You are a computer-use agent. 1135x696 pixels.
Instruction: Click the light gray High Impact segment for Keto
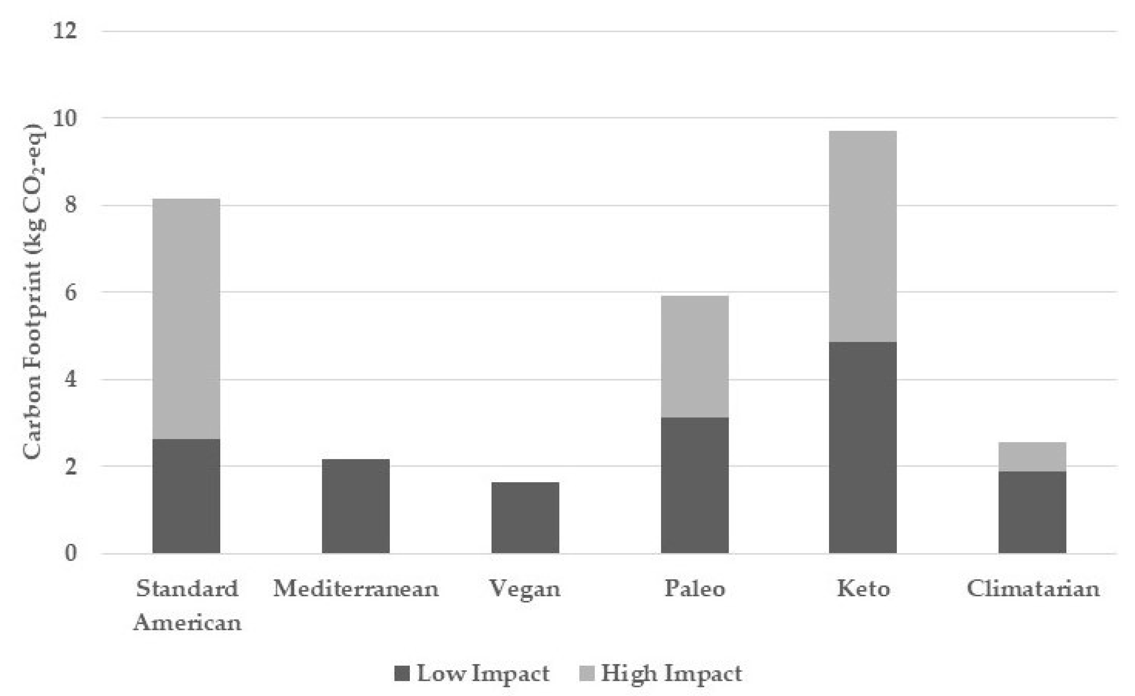(x=863, y=236)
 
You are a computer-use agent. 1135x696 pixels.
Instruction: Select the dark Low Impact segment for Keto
(x=863, y=447)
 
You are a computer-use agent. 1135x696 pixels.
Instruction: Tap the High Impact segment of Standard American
(x=186, y=319)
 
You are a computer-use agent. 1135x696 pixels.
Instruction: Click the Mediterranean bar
(x=356, y=506)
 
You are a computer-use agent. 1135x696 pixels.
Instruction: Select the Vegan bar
(x=525, y=518)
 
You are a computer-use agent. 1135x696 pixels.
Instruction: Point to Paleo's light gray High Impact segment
(x=694, y=356)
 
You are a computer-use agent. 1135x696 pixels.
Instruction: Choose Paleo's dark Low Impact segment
(x=694, y=485)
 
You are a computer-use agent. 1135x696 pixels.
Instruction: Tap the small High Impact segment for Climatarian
(x=1032, y=456)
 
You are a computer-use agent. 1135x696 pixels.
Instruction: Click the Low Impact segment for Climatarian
(x=1032, y=512)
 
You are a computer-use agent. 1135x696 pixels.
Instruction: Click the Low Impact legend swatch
(x=402, y=673)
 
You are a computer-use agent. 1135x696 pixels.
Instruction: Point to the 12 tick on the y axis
(x=64, y=31)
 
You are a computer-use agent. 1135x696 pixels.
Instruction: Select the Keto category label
(x=863, y=589)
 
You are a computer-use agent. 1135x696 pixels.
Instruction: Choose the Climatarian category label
(x=1033, y=589)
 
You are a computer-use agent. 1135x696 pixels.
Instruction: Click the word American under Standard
(x=187, y=623)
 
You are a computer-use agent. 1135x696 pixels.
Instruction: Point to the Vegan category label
(x=525, y=589)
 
